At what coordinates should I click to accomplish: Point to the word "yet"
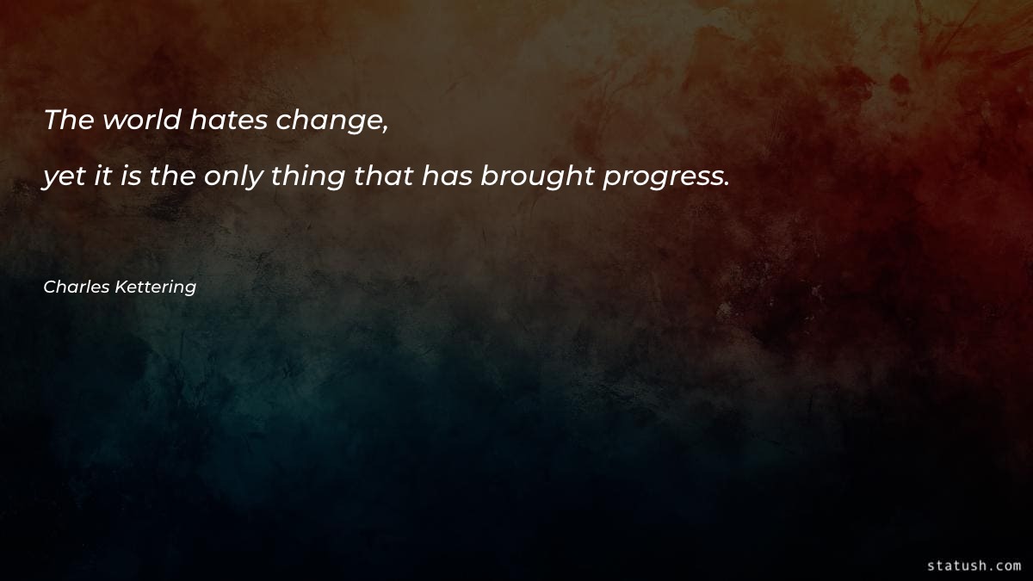tap(63, 177)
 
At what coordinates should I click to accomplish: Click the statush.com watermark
tap(974, 566)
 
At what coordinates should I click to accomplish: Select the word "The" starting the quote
tap(68, 121)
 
